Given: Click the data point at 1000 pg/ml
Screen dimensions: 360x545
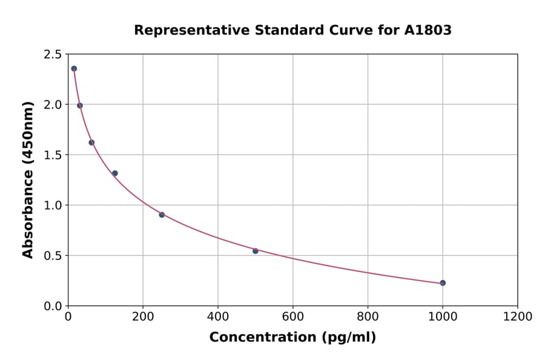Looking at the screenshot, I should [443, 283].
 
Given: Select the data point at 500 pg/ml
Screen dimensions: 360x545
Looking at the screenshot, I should [256, 251].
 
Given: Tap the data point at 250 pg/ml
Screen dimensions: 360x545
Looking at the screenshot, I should [162, 215].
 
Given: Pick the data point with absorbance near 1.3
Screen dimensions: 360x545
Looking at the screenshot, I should [115, 173].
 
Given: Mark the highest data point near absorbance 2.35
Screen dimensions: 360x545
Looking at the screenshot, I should [74, 68].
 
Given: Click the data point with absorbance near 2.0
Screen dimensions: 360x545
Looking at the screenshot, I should [80, 105].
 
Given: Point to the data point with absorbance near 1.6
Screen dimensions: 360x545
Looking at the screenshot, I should [91, 142].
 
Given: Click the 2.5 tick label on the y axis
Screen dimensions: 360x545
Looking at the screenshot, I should [52, 55].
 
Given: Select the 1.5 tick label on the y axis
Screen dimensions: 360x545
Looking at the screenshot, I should [52, 155].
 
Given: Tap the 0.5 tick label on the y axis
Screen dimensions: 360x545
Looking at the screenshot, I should [52, 256].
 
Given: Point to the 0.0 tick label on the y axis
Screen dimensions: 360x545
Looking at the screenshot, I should [52, 306].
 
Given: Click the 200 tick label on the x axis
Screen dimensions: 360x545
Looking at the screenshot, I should [143, 317].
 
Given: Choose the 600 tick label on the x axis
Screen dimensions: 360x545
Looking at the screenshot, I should [292, 317].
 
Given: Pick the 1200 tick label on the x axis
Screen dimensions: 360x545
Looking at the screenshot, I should [517, 317].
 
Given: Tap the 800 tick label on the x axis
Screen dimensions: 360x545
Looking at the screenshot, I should [368, 317].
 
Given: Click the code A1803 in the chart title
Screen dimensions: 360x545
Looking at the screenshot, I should [428, 30].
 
